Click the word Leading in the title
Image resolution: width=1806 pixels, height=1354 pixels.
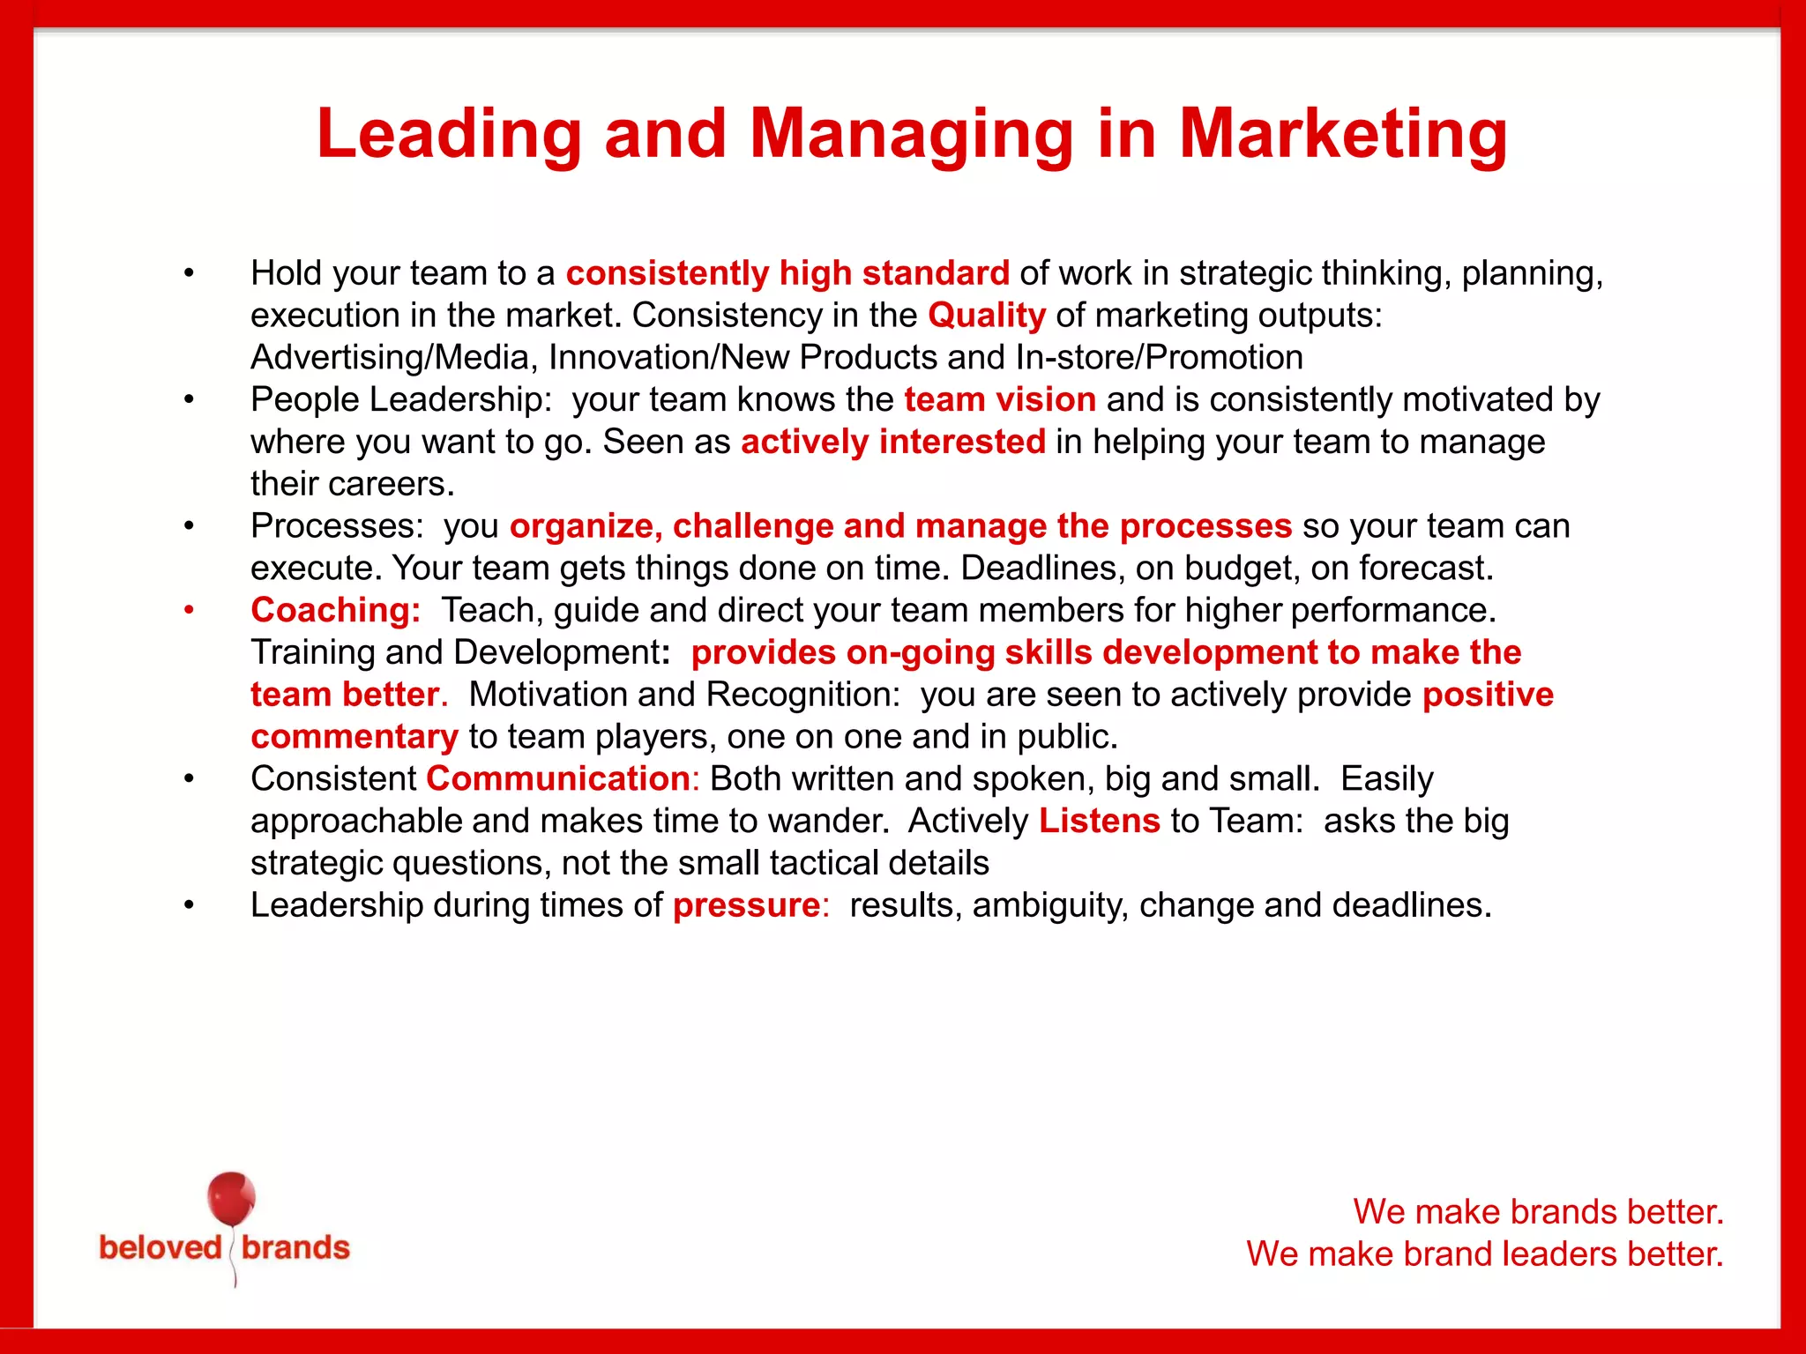[449, 134]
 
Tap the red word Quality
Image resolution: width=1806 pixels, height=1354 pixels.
[986, 316]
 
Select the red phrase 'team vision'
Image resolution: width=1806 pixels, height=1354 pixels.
[1000, 400]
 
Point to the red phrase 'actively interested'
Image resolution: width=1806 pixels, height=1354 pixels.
[892, 442]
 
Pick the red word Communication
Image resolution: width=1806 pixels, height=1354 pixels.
[558, 779]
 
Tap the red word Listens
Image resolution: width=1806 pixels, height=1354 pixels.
[1099, 821]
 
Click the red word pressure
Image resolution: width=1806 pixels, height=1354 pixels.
[746, 905]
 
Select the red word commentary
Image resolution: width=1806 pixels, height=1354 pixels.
[354, 737]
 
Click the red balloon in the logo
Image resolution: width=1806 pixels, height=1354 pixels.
[231, 1199]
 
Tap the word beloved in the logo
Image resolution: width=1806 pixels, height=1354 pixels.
[160, 1248]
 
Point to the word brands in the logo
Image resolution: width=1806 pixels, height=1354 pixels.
[295, 1248]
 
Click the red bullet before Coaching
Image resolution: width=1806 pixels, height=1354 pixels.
[189, 610]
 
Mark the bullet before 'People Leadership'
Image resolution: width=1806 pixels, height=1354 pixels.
[189, 400]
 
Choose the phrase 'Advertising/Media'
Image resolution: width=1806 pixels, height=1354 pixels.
[392, 358]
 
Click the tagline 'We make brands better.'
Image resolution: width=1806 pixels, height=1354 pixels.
[1538, 1212]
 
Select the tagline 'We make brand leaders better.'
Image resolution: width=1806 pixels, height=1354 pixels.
[1484, 1254]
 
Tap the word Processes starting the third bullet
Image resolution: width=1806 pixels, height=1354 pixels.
[337, 526]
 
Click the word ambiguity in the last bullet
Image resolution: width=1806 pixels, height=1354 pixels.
[1049, 905]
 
